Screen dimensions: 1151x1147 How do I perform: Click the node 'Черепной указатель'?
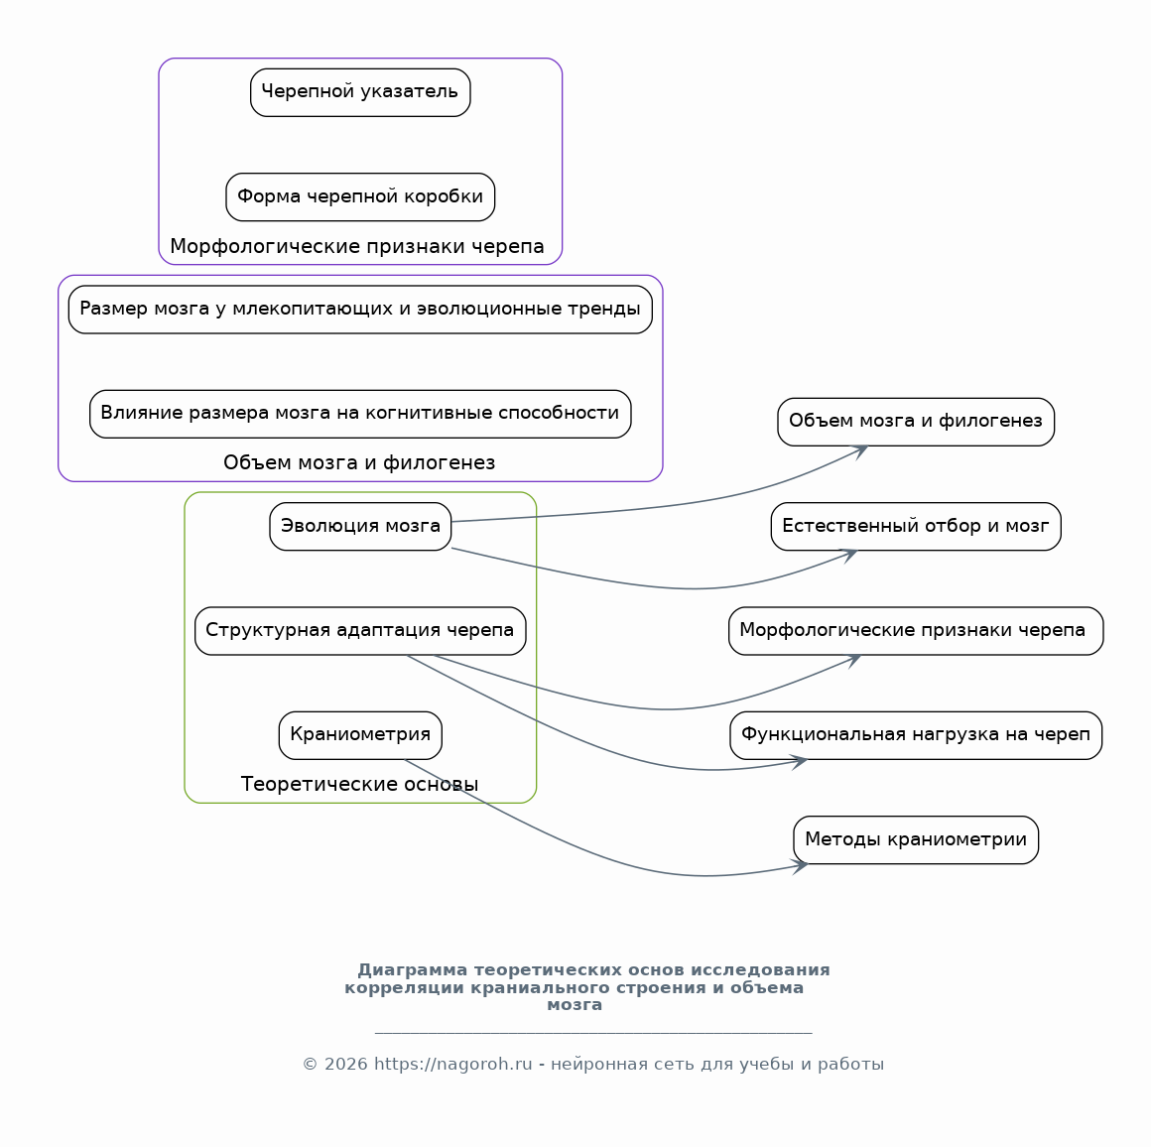pyautogui.click(x=360, y=92)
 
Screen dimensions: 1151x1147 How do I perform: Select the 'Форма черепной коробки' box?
pyautogui.click(x=360, y=196)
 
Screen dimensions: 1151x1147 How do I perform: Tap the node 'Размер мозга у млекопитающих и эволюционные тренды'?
pyautogui.click(x=360, y=309)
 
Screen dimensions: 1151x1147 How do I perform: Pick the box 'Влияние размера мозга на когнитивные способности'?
pyautogui.click(x=360, y=414)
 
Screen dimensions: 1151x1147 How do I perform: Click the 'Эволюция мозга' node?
pyautogui.click(x=360, y=526)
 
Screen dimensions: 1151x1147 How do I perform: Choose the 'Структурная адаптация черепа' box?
pyautogui.click(x=360, y=630)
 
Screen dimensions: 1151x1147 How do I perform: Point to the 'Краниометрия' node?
pyautogui.click(x=360, y=735)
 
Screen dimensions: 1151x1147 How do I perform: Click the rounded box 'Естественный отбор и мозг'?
pyautogui.click(x=916, y=526)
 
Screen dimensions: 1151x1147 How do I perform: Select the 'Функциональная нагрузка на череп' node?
pyautogui.click(x=916, y=735)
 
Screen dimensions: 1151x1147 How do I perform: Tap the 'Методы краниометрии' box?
pyautogui.click(x=916, y=839)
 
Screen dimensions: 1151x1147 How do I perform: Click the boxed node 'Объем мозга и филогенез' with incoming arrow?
pyautogui.click(x=916, y=422)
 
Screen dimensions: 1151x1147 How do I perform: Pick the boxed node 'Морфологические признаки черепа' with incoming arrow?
pyautogui.click(x=916, y=630)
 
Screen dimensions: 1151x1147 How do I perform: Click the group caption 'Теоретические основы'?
pyautogui.click(x=359, y=785)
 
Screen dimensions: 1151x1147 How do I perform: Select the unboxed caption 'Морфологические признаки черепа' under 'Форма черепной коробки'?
pyautogui.click(x=357, y=247)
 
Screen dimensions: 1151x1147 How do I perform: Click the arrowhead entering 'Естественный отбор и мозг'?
pyautogui.click(x=850, y=554)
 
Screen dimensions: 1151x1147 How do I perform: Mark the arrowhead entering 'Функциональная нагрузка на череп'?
pyautogui.click(x=801, y=762)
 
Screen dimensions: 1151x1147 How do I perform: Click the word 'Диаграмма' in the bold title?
pyautogui.click(x=413, y=970)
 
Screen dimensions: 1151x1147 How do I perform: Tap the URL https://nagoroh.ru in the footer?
pyautogui.click(x=452, y=1064)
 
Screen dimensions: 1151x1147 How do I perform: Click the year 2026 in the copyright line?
pyautogui.click(x=345, y=1064)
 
